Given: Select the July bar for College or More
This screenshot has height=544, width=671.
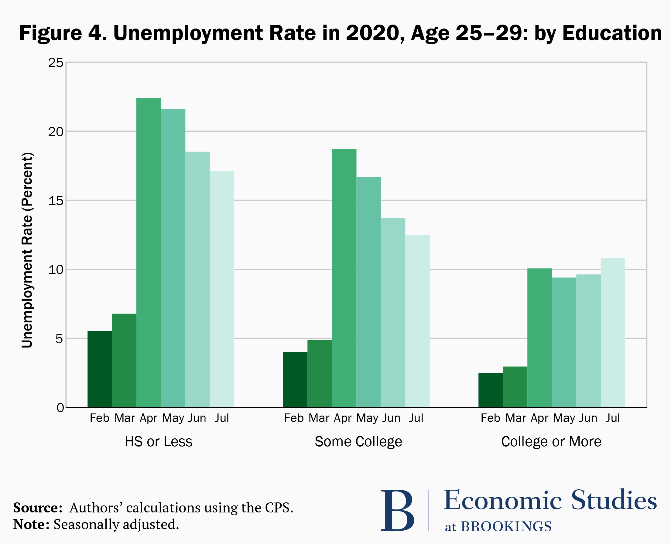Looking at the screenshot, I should click(613, 332).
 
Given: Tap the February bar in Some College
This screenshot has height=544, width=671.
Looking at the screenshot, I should click(295, 379).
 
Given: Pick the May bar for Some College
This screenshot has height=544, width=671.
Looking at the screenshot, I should click(368, 292).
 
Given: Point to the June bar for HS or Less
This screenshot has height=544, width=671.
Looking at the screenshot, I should click(197, 279).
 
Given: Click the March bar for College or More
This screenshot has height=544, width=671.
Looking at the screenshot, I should click(515, 387).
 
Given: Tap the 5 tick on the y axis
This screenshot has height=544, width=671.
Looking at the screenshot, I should click(59, 339).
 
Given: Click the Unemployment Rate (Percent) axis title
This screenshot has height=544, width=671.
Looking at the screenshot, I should click(27, 250).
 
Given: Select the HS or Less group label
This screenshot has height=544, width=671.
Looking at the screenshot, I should click(158, 441).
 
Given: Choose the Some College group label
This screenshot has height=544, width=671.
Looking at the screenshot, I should click(358, 441).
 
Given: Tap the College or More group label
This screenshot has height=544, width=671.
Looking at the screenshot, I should click(551, 441).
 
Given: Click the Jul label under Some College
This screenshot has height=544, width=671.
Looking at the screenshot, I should click(416, 418).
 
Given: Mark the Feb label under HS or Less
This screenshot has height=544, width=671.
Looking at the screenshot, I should click(99, 418).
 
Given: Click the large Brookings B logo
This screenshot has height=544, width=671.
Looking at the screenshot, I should click(397, 511).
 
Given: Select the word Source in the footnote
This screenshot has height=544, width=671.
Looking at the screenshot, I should click(38, 508).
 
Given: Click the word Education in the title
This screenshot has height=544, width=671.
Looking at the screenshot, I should click(612, 33).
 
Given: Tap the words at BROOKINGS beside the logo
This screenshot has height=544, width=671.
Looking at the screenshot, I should click(498, 526).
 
